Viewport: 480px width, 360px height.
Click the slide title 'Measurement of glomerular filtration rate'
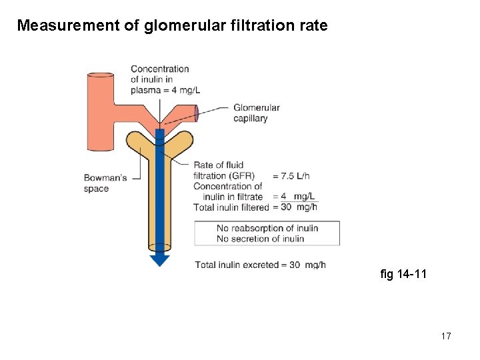click(172, 26)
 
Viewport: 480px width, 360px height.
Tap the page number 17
click(445, 336)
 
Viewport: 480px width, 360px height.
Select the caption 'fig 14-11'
click(403, 274)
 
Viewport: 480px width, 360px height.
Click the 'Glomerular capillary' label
click(257, 113)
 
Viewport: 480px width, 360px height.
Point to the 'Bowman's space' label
click(105, 183)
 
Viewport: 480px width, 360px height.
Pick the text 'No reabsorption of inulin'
click(267, 228)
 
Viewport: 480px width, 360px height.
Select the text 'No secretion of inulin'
click(260, 239)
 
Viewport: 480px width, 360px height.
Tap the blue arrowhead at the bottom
click(159, 260)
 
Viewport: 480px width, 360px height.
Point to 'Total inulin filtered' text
click(231, 207)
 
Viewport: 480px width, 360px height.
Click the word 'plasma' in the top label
click(145, 91)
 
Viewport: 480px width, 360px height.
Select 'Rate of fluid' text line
click(219, 165)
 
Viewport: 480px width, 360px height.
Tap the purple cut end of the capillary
click(197, 113)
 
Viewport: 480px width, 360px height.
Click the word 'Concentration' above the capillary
click(160, 69)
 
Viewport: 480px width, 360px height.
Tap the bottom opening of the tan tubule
click(159, 247)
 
